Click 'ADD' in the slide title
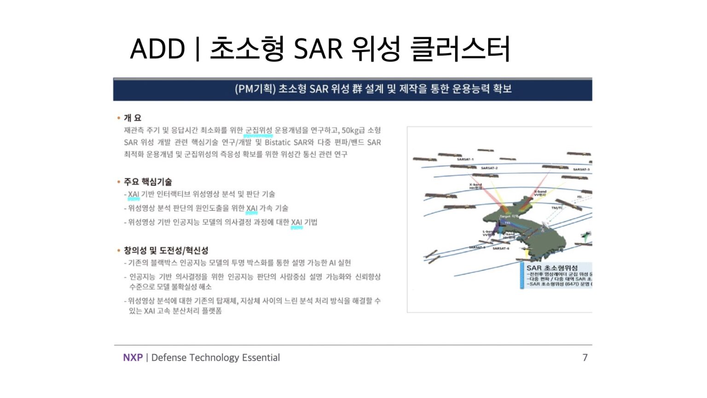(x=157, y=49)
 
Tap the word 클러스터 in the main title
(x=460, y=49)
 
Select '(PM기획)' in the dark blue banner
(x=255, y=88)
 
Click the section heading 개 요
(x=133, y=118)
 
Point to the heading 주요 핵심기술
(x=148, y=181)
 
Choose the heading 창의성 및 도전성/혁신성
(x=166, y=250)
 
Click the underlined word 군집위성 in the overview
(x=259, y=130)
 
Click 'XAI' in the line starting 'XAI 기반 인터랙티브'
(x=133, y=194)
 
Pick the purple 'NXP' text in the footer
(x=133, y=357)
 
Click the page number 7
(x=585, y=357)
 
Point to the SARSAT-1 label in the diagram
(x=465, y=159)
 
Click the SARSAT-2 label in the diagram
(x=489, y=168)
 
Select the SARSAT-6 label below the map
(x=501, y=248)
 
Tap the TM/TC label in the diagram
(x=557, y=208)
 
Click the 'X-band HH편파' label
(x=475, y=186)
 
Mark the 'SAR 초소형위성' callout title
(x=552, y=268)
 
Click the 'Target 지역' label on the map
(x=509, y=216)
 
